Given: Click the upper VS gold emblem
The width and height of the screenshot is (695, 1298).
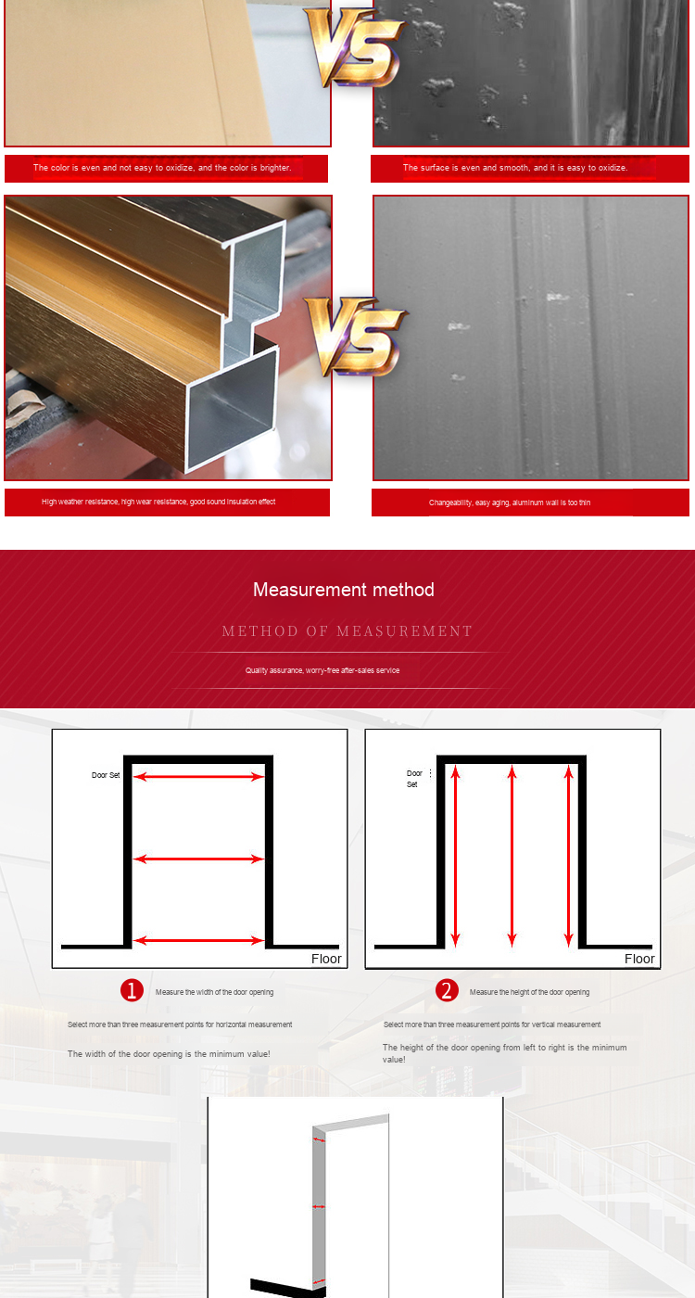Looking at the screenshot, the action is pyautogui.click(x=355, y=47).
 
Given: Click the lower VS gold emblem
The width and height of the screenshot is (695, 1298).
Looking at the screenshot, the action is pyautogui.click(x=355, y=336).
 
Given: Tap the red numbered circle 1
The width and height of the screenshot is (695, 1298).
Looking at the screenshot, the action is pyautogui.click(x=132, y=990).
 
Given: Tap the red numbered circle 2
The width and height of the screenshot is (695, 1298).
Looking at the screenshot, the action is pyautogui.click(x=447, y=990).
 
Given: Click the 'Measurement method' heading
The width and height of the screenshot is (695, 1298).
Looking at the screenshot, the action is pyautogui.click(x=344, y=590).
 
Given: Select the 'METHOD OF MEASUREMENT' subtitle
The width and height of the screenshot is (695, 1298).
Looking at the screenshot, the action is pyautogui.click(x=347, y=631).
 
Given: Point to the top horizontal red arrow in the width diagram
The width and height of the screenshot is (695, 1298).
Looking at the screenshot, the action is pyautogui.click(x=198, y=777).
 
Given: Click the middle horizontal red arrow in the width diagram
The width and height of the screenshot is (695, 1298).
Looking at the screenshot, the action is pyautogui.click(x=198, y=859).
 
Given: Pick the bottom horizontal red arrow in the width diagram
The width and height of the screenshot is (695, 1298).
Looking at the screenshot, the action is pyautogui.click(x=198, y=940).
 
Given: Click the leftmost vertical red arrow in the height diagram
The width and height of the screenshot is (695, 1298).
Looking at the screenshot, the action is pyautogui.click(x=455, y=856).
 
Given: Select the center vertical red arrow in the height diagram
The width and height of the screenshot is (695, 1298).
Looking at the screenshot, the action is pyautogui.click(x=512, y=856).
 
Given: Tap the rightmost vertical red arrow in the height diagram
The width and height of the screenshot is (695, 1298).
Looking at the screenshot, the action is pyautogui.click(x=569, y=856).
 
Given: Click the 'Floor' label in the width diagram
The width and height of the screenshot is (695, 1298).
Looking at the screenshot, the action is pyautogui.click(x=326, y=959).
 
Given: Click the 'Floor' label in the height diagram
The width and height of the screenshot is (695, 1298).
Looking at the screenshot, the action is pyautogui.click(x=639, y=959).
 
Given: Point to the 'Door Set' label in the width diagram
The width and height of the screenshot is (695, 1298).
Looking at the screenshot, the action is pyautogui.click(x=106, y=775).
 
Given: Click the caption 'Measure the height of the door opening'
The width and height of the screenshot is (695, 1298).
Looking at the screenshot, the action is pyautogui.click(x=529, y=992).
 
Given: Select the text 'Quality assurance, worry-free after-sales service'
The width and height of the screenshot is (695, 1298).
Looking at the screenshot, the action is pyautogui.click(x=322, y=670).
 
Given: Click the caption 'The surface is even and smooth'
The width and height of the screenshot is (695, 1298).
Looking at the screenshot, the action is pyautogui.click(x=465, y=168).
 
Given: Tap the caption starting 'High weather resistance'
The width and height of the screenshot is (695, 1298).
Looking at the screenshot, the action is pyautogui.click(x=158, y=502).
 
